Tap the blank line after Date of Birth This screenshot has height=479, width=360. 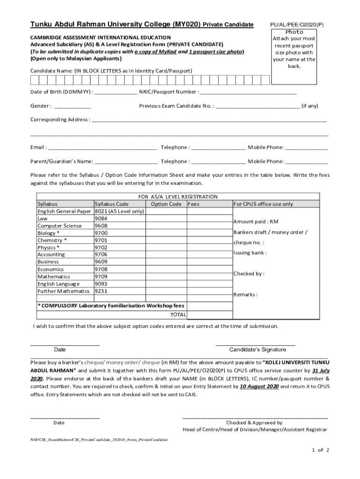(x=115, y=92)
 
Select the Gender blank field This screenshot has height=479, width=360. (x=72, y=106)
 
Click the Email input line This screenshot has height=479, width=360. (x=102, y=148)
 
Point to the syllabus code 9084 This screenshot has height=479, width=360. (x=101, y=218)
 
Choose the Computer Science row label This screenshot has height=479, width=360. (x=59, y=225)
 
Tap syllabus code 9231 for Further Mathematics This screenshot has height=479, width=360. (x=101, y=291)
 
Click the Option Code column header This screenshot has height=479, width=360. (x=166, y=204)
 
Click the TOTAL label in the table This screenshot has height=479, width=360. (x=178, y=314)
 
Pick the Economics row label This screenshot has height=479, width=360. (x=50, y=269)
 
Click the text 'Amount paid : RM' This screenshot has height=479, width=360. (x=256, y=221)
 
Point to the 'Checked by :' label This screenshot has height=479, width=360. (x=249, y=274)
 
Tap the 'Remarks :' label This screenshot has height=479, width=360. (x=245, y=295)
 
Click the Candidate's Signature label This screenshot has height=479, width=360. (x=257, y=349)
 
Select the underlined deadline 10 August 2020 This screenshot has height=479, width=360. (x=259, y=387)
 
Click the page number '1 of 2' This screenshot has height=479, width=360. (x=321, y=450)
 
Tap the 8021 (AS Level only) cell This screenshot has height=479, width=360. (x=119, y=211)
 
